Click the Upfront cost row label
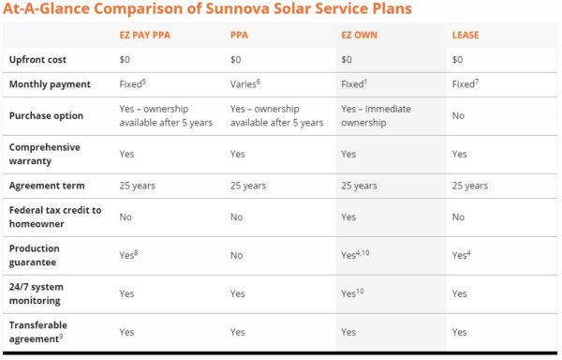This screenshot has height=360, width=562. click(x=38, y=59)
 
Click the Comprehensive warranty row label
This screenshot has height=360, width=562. click(x=44, y=154)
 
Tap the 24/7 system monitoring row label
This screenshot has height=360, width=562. click(x=41, y=292)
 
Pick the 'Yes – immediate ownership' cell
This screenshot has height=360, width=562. click(x=376, y=115)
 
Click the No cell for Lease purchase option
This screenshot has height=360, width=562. click(x=458, y=116)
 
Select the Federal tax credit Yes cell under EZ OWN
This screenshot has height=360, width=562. click(x=349, y=217)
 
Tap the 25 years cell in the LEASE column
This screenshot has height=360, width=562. click(x=469, y=186)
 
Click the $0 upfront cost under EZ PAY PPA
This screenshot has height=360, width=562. click(x=126, y=59)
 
